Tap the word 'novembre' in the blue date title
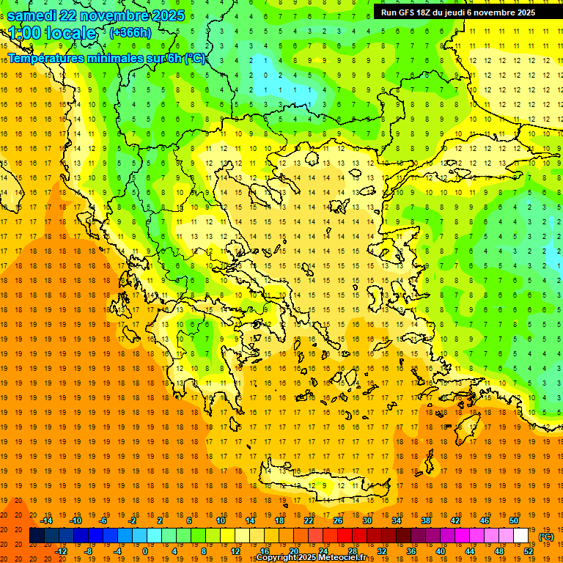point(114,15)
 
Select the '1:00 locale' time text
point(52,33)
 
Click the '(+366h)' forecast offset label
point(130,33)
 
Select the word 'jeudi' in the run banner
point(467,12)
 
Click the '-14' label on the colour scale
point(46,520)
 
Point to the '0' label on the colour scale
point(144,551)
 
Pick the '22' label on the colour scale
point(309,520)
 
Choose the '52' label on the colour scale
point(528,551)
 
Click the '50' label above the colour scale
point(514,520)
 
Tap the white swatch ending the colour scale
point(520,536)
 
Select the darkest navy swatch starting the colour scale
point(37,536)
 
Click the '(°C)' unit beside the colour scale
point(546,537)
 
